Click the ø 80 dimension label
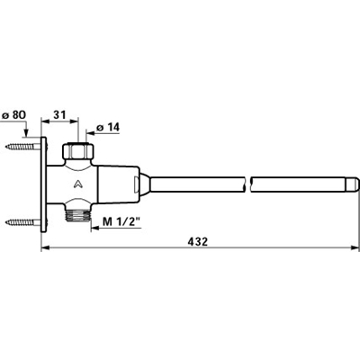(14, 114)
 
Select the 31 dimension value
(59, 114)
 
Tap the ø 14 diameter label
(108, 128)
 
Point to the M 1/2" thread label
(121, 222)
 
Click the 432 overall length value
(199, 241)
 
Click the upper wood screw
(23, 147)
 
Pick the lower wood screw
(23, 222)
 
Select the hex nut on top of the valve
(78, 151)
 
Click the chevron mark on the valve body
(78, 184)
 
